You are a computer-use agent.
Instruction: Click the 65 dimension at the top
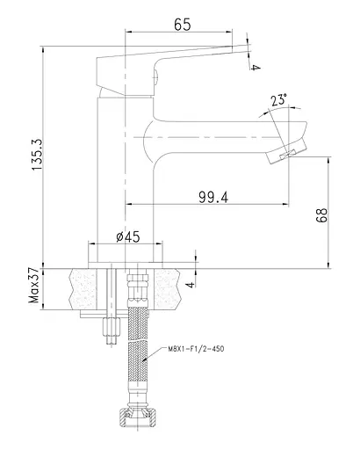[x=183, y=25]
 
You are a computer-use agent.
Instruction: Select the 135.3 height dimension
[x=38, y=155]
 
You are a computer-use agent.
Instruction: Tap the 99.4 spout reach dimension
[x=213, y=197]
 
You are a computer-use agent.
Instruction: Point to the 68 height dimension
[x=321, y=215]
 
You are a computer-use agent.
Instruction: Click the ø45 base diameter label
[x=128, y=236]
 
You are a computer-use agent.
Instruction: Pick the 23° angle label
[x=278, y=100]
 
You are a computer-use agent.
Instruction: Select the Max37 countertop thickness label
[x=34, y=285]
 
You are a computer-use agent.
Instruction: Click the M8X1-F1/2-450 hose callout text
[x=196, y=349]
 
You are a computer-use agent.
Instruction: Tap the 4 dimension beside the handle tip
[x=256, y=68]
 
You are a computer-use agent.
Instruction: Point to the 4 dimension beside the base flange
[x=191, y=284]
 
